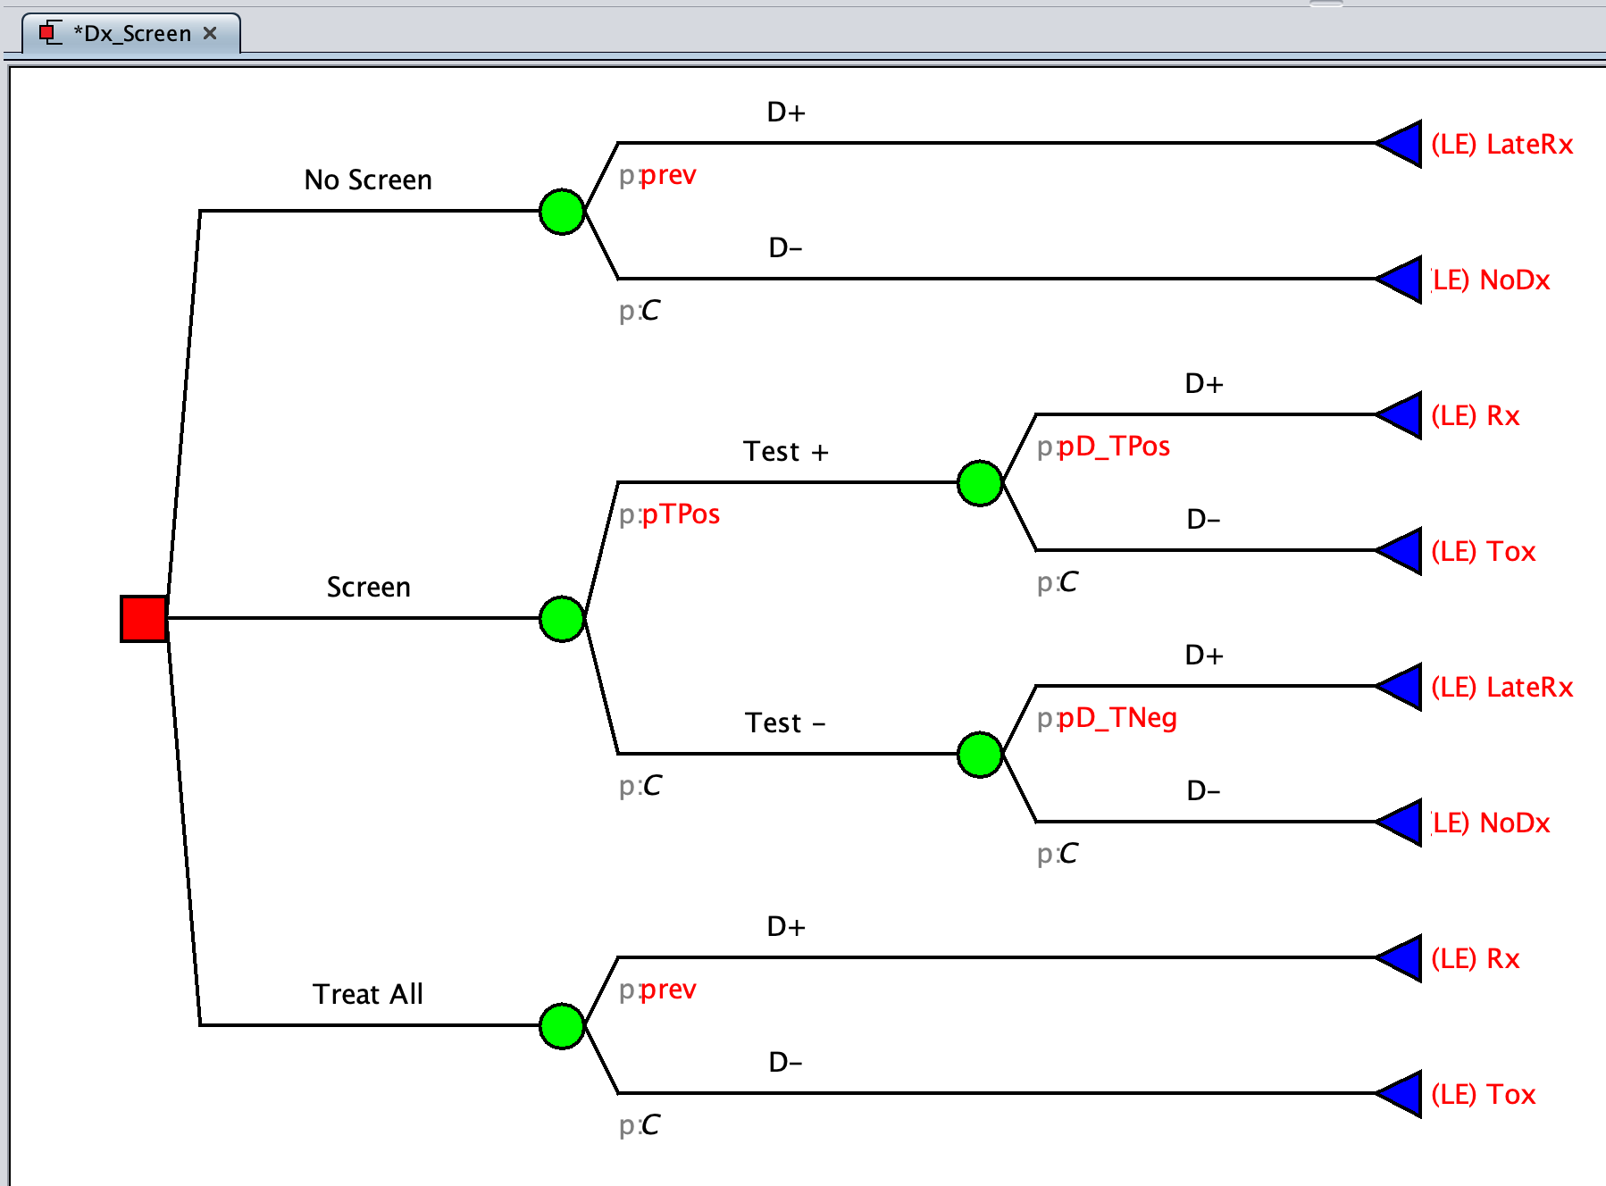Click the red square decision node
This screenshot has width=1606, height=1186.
pos(143,618)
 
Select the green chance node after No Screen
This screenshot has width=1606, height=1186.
pos(562,212)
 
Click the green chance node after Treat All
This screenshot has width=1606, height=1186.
pos(562,1025)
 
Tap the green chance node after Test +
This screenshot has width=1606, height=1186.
pos(980,483)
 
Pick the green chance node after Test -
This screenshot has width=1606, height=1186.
pos(980,755)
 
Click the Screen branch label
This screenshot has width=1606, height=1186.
pos(368,588)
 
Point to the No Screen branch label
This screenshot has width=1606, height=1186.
pos(368,180)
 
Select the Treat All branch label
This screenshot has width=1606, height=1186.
pos(368,994)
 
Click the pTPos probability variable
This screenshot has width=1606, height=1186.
pos(681,514)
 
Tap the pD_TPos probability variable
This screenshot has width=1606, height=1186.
pos(1114,447)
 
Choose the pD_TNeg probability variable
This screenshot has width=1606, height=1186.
pos(1117,718)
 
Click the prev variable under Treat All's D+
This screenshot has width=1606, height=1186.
pos(668,990)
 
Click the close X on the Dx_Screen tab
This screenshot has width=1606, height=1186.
pos(210,33)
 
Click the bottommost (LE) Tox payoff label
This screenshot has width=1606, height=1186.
pos(1483,1095)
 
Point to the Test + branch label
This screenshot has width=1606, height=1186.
pos(786,452)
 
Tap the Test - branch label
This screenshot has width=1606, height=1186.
pos(786,723)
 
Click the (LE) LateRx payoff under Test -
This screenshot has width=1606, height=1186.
pos(1501,688)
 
